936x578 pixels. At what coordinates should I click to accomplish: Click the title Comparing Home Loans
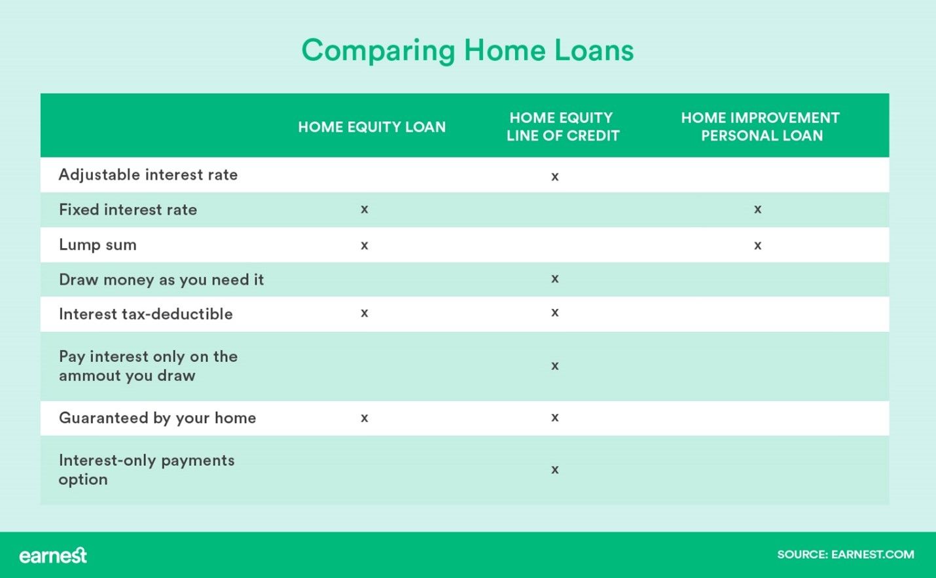[467, 50]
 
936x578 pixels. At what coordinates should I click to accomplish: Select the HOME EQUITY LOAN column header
[372, 127]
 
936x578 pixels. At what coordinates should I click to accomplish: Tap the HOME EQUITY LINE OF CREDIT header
[562, 126]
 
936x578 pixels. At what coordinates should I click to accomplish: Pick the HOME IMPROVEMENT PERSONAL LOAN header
[761, 126]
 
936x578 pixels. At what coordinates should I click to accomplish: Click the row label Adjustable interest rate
[148, 175]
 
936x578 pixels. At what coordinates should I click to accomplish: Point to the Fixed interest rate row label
[128, 209]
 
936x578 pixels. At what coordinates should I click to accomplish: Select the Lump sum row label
[98, 245]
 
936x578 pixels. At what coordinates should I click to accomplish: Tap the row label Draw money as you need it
[161, 280]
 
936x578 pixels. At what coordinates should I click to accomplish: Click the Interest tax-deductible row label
[145, 314]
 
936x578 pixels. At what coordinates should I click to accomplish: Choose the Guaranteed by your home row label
[157, 418]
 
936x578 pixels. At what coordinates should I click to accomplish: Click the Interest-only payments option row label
[146, 469]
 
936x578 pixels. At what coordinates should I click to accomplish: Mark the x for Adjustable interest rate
[555, 177]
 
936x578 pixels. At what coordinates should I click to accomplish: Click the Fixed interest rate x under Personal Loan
[757, 209]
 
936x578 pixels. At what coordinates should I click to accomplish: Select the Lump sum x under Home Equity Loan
[365, 245]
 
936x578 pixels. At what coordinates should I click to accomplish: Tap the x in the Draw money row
[555, 279]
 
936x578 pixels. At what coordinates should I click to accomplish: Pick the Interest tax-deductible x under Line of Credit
[555, 313]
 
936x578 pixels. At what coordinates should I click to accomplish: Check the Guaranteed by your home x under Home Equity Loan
[365, 418]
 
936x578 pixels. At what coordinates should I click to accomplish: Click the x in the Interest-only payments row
[555, 470]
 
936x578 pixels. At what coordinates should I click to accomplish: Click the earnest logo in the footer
[53, 555]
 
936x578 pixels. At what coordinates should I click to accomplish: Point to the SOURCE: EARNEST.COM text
[845, 554]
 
